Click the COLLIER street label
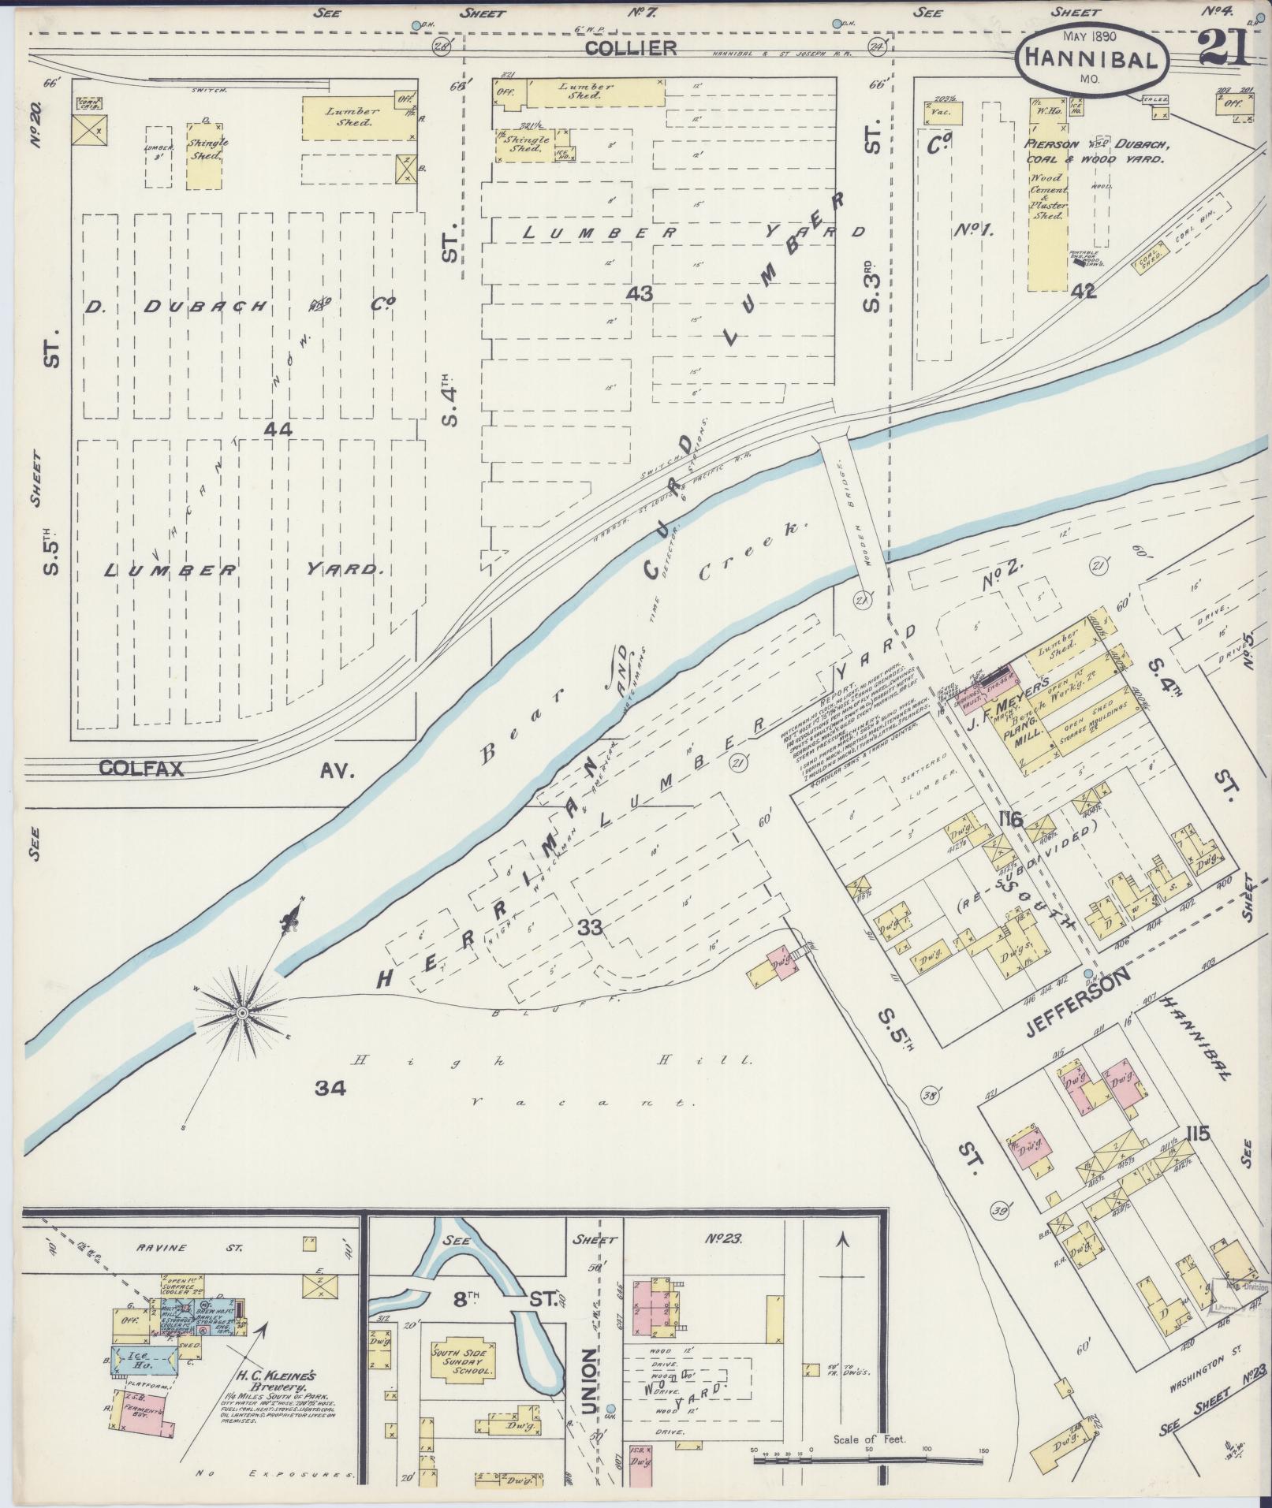pos(631,48)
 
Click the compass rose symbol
pos(242,1011)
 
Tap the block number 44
pos(278,429)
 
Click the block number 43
pos(639,292)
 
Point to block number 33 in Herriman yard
pos(590,928)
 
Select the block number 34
pos(330,1089)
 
